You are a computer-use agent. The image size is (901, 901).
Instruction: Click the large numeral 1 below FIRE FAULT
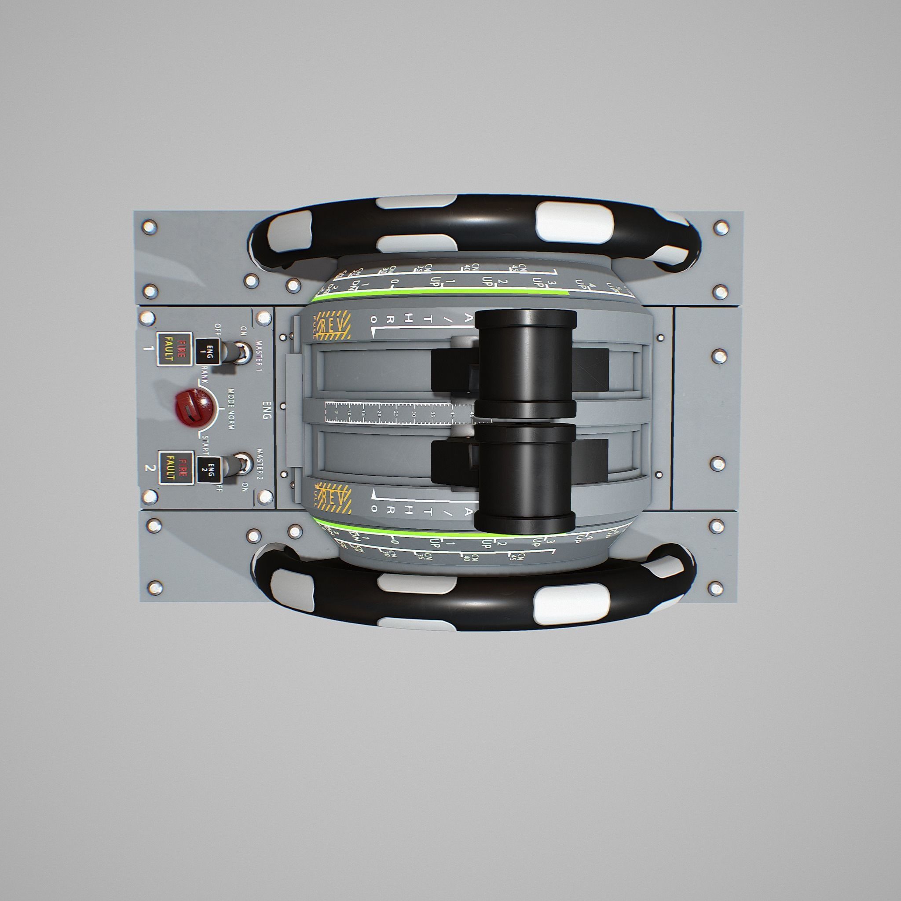coord(149,348)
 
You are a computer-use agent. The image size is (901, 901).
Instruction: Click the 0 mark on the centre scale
coord(326,411)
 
